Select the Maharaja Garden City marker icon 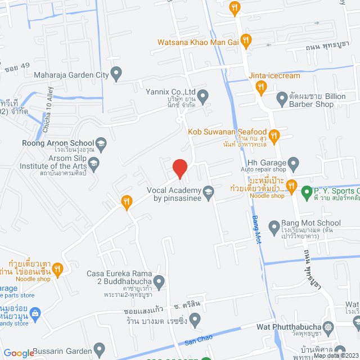coord(116,72)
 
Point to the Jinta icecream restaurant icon coord(260,87)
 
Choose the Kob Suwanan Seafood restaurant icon coord(274,135)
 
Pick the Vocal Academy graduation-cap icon coord(208,192)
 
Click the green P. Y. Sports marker coord(307,192)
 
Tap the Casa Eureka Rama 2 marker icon coord(160,280)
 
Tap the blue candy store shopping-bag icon coord(35,313)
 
